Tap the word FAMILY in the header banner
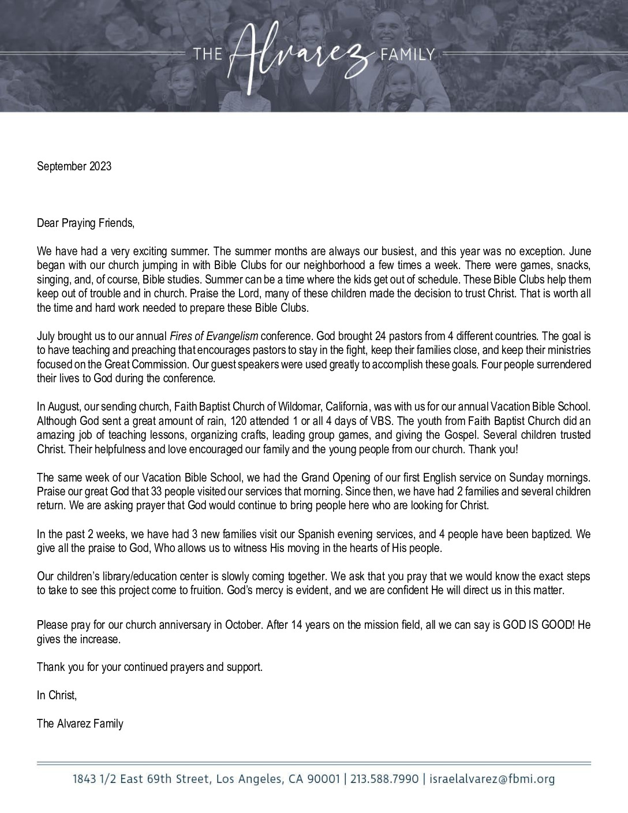pos(407,55)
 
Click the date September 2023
pos(74,166)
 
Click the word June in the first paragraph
pos(580,252)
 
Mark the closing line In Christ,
pos(57,695)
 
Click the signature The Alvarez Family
pos(80,723)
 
